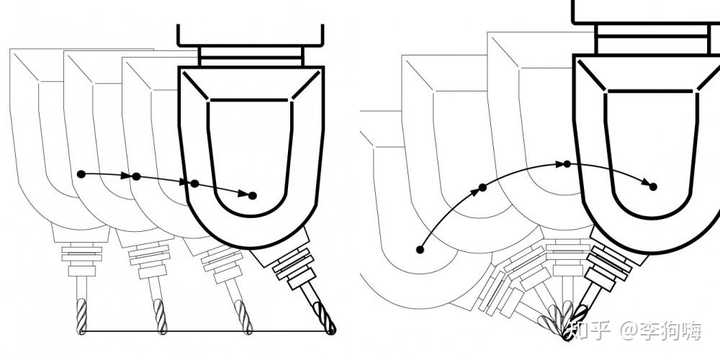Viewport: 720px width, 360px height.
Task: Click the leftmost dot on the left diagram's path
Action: (x=81, y=174)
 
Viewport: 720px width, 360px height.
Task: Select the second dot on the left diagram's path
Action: (x=136, y=176)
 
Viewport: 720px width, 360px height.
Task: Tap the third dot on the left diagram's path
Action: (x=195, y=184)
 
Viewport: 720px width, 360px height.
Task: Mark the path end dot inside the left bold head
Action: (x=252, y=196)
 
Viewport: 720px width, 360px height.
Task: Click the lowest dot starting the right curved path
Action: (x=420, y=249)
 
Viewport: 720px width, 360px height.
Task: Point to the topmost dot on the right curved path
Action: (x=567, y=164)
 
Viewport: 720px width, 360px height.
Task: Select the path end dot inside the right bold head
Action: (x=653, y=187)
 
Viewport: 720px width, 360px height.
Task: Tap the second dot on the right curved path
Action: (x=482, y=187)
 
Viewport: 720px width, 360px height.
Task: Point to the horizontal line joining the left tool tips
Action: (x=207, y=331)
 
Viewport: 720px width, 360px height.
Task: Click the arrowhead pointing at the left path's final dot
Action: (x=243, y=194)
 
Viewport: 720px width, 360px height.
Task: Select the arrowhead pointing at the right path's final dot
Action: (x=646, y=183)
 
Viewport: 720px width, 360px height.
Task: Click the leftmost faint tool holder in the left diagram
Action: (x=82, y=259)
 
